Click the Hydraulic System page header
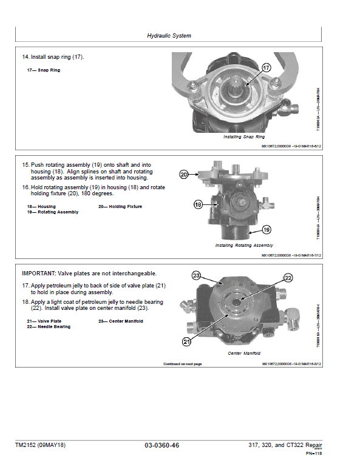[x=169, y=36]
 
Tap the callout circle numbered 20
[x=185, y=175]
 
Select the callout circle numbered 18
[x=198, y=205]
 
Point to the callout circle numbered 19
[x=266, y=230]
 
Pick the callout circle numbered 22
[x=288, y=278]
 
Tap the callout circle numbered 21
[x=187, y=342]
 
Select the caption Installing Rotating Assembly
[x=243, y=246]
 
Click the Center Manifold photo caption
[x=244, y=354]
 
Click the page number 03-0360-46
[x=162, y=445]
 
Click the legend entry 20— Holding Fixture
[x=120, y=207]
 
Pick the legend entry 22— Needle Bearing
[x=49, y=327]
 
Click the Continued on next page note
[x=182, y=364]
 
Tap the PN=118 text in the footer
[x=313, y=452]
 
